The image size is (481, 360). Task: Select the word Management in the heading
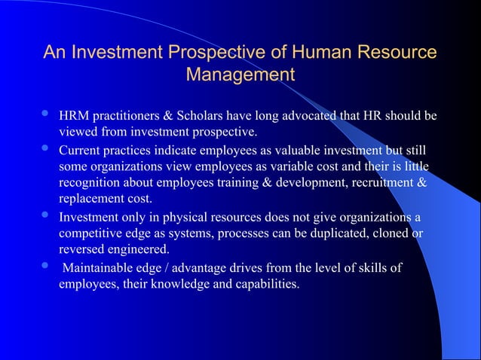(240, 76)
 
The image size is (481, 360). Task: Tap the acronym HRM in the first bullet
(75, 117)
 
